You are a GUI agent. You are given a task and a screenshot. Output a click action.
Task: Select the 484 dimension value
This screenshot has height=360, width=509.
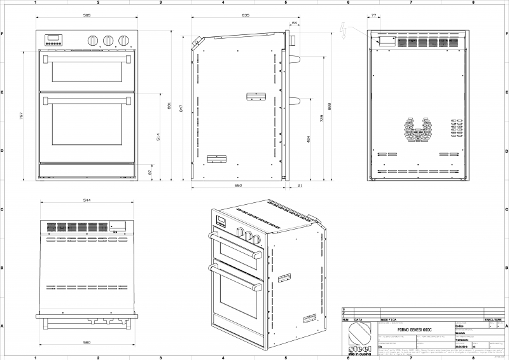309,139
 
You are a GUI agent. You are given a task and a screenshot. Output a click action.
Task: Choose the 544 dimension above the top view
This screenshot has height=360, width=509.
86,200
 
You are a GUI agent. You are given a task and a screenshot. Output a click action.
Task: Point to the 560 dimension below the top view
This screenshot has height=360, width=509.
86,342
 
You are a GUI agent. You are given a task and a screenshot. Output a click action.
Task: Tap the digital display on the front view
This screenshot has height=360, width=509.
53,38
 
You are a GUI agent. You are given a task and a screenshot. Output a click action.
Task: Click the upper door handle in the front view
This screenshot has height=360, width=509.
87,59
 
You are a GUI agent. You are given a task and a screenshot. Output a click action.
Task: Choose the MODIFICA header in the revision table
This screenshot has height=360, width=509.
389,319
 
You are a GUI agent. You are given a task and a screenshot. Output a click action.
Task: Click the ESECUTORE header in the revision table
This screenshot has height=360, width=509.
494,319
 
